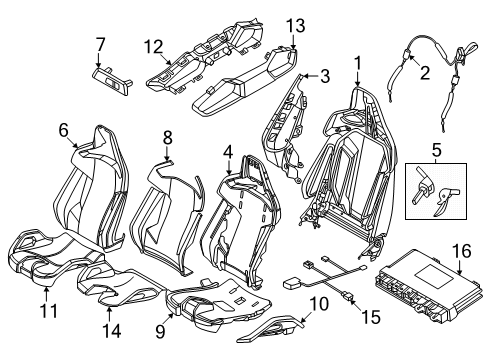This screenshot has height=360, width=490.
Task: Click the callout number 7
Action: [x=100, y=45]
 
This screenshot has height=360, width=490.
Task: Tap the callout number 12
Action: [x=154, y=47]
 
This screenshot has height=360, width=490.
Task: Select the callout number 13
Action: [x=296, y=26]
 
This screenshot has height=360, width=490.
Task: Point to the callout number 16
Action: [x=462, y=251]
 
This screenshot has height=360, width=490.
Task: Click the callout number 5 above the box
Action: [x=436, y=150]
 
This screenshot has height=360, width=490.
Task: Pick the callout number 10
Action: [x=319, y=304]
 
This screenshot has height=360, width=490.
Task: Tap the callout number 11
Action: [x=49, y=310]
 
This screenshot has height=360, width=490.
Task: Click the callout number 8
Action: [x=167, y=137]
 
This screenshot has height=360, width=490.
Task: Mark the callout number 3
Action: [x=325, y=76]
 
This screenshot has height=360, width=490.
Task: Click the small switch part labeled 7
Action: [x=112, y=82]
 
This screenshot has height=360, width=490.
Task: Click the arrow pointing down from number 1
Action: [x=357, y=78]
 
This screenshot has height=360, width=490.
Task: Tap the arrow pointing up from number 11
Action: [x=46, y=295]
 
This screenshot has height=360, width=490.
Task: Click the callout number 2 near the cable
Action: [x=425, y=72]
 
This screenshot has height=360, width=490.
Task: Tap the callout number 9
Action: [x=160, y=332]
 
